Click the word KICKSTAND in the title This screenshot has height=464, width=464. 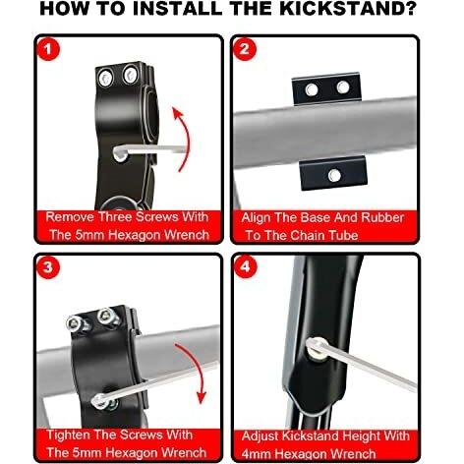point(347,9)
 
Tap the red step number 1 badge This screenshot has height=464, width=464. point(48,49)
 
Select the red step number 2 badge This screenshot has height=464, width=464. point(245,49)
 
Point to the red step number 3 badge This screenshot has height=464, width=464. point(48,267)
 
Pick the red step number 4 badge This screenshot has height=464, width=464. point(246,266)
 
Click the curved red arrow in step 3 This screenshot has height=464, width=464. point(196,372)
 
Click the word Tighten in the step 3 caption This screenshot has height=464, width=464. point(69,435)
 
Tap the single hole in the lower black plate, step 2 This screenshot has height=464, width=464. point(334,176)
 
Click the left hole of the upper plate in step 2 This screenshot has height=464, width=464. point(312,89)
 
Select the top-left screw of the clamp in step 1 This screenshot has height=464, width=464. point(106,78)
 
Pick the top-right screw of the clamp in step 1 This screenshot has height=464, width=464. point(131,75)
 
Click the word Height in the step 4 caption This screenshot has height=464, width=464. point(364,436)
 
